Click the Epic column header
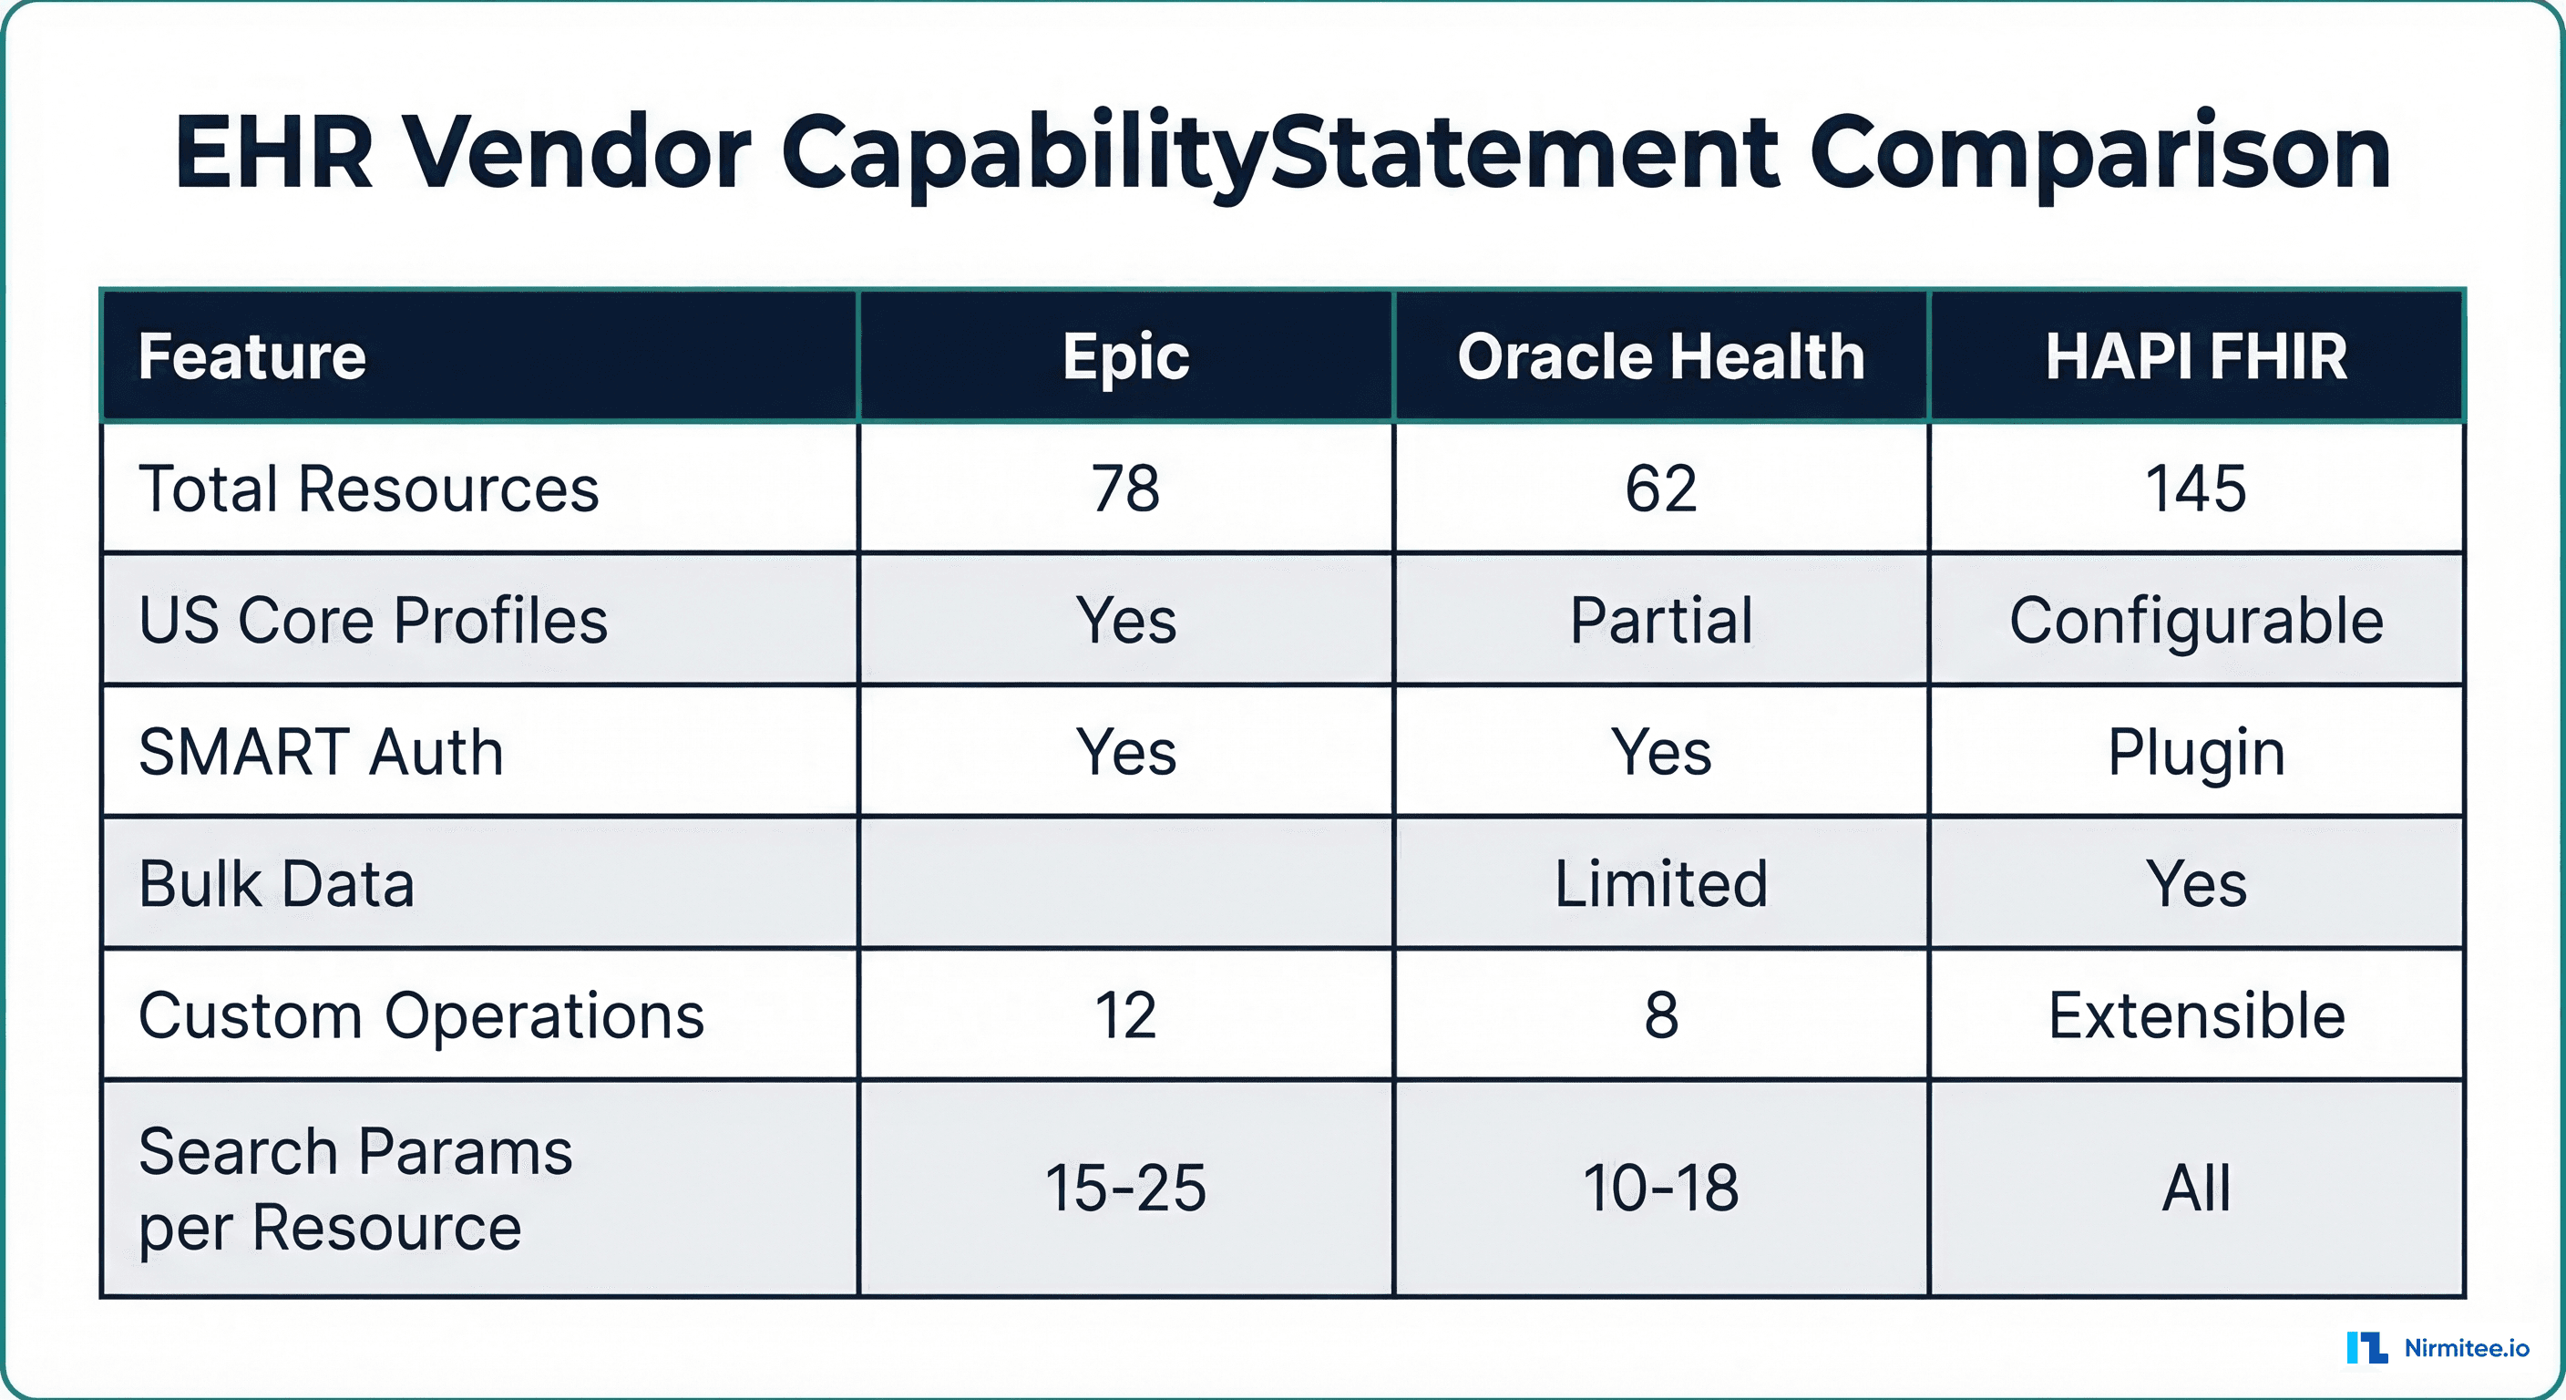1125,356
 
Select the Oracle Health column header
1660,356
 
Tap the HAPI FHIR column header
2196,356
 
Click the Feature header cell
253,356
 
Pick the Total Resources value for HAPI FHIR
2195,489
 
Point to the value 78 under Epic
1125,489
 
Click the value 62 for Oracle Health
1660,489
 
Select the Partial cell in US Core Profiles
1660,620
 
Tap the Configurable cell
2195,620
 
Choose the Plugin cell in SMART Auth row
2195,751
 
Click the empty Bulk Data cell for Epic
1125,883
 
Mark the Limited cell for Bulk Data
1660,883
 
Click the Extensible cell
2195,1015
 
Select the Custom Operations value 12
1125,1015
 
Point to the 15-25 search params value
1125,1188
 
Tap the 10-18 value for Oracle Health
1660,1188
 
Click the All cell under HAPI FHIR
2195,1188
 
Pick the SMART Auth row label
321,751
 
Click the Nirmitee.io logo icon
2366,1347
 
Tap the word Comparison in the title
2099,153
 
